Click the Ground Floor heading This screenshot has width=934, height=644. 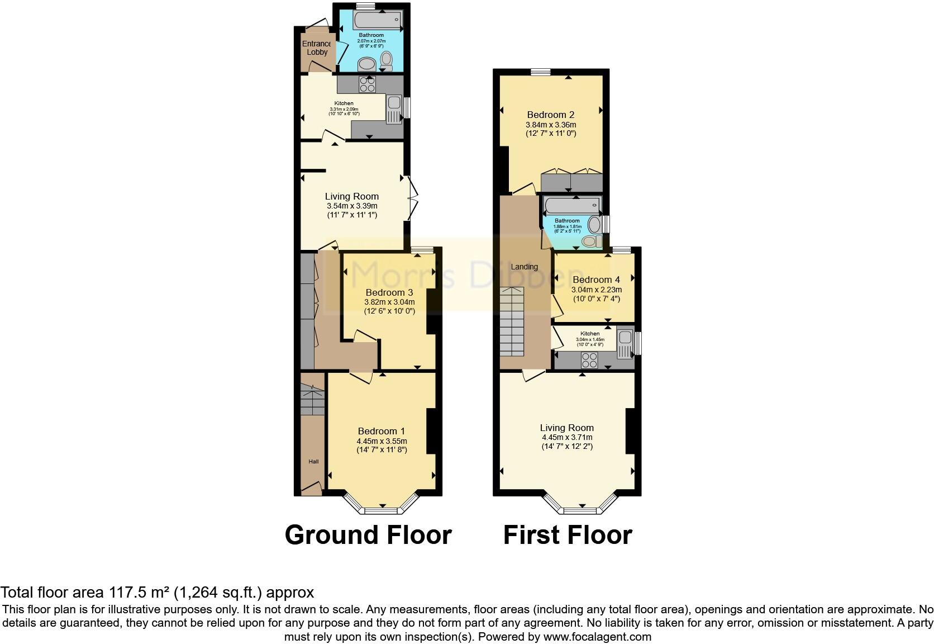368,535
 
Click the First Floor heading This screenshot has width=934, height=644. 568,535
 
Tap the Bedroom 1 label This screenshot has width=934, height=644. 381,431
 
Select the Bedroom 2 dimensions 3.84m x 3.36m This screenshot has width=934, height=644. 551,125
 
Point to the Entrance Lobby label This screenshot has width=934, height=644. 317,48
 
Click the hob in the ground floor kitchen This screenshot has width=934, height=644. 367,84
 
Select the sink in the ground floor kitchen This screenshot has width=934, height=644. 393,103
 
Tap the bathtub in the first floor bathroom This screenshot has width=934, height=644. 571,205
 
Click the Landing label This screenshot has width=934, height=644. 524,267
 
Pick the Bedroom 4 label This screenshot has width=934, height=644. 596,280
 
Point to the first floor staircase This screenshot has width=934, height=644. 512,321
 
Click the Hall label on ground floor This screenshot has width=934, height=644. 313,461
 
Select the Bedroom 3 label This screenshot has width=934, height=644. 389,292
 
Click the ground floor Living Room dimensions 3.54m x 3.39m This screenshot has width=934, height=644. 352,206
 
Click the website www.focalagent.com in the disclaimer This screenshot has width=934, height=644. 597,636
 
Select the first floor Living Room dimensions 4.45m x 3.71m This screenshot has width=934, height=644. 566,437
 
